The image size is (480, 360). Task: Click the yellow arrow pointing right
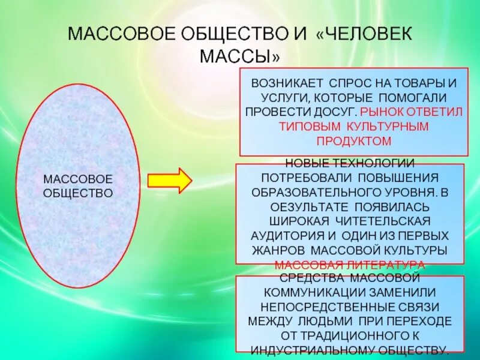[169, 181]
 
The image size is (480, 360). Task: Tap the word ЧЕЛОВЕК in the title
[364, 34]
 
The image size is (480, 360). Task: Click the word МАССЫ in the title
[239, 57]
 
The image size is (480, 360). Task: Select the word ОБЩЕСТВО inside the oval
[78, 193]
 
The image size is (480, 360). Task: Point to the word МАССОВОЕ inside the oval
[78, 179]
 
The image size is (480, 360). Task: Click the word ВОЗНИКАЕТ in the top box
[286, 83]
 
